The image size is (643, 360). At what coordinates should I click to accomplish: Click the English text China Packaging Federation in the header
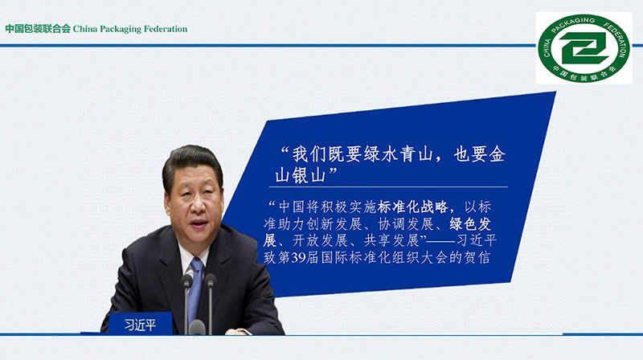click(x=130, y=29)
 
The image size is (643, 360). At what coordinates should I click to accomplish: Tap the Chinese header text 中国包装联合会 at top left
click(x=38, y=29)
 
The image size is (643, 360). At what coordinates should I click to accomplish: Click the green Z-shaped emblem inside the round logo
click(x=584, y=47)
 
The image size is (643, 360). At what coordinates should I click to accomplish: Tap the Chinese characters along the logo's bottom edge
click(x=584, y=73)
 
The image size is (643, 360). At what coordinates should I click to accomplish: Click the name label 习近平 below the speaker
click(x=140, y=325)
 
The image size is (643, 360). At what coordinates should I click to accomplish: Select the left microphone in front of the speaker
click(x=186, y=303)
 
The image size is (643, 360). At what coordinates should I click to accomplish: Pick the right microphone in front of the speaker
click(x=210, y=303)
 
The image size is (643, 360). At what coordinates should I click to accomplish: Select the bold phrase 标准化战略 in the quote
click(x=412, y=207)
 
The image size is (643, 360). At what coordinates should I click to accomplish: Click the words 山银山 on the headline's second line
click(x=301, y=175)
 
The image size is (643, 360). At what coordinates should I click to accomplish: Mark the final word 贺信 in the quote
click(x=477, y=257)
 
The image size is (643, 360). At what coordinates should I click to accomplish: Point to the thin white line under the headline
click(x=388, y=187)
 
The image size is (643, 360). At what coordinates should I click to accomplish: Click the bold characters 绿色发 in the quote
click(x=470, y=224)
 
